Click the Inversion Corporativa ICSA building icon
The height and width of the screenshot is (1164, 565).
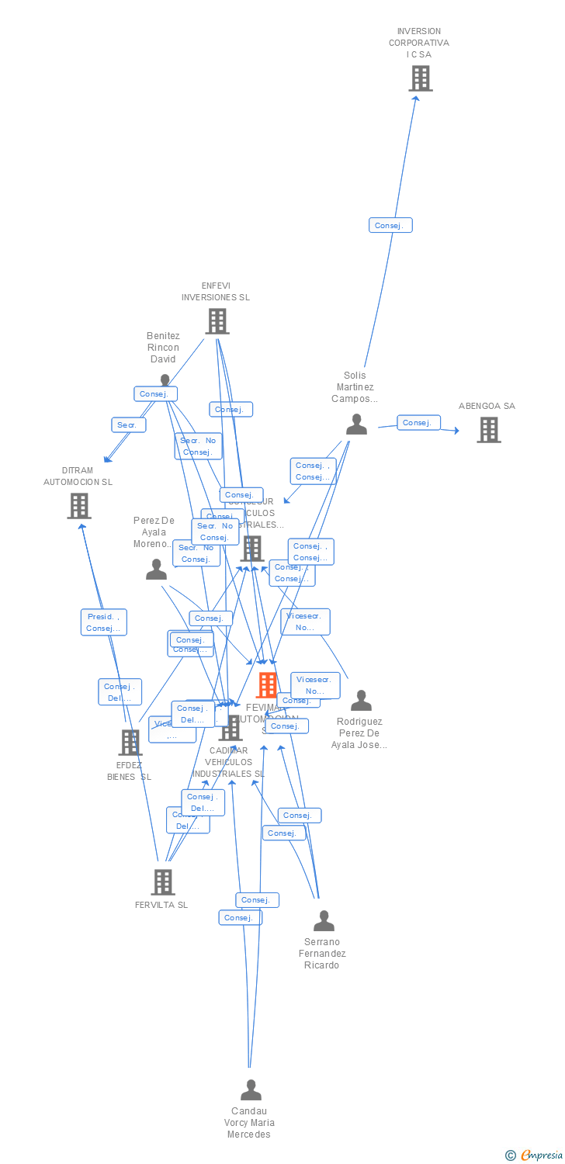[x=420, y=78]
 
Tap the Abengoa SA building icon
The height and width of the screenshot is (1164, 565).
[x=488, y=430]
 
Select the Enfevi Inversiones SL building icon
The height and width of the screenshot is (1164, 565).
[x=217, y=321]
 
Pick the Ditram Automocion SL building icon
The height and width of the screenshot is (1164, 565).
[x=79, y=506]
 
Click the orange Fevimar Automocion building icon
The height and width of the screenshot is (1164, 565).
[x=267, y=685]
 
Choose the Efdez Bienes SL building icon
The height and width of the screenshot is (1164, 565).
[x=130, y=743]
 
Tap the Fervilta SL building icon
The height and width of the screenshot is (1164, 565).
[x=162, y=882]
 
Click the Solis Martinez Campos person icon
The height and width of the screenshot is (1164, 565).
[x=356, y=424]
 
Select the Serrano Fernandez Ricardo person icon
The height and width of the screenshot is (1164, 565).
[x=324, y=921]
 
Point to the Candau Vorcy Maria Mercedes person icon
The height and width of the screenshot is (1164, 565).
[x=251, y=1090]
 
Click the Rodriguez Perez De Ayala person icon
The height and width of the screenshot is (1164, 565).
[x=361, y=701]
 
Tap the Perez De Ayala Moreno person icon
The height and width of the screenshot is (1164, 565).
[x=156, y=570]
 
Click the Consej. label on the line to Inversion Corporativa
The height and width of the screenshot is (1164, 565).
[x=390, y=225]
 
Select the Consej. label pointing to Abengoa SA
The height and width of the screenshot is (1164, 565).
[x=418, y=423]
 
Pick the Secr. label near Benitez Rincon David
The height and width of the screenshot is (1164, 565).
[x=128, y=425]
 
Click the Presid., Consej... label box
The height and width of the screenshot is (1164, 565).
[x=103, y=622]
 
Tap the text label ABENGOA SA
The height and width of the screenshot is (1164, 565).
[x=487, y=406]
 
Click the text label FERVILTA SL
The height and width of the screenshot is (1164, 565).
[x=161, y=905]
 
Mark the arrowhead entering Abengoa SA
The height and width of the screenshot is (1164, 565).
[x=456, y=431]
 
